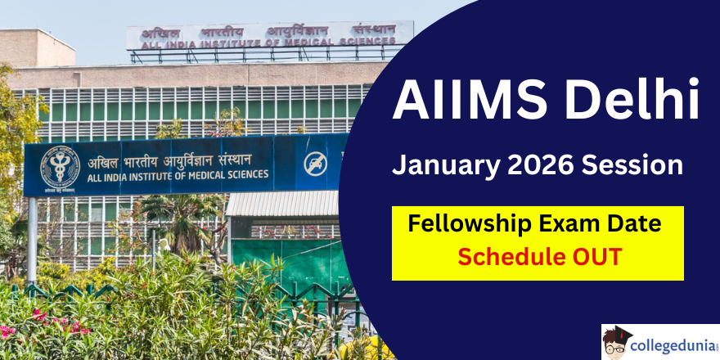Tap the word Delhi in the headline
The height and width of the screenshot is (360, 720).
coord(632,98)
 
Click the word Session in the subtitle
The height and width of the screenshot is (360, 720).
coord(632,165)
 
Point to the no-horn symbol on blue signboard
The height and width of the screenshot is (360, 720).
coord(316,164)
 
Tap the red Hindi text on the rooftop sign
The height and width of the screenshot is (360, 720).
coord(268,32)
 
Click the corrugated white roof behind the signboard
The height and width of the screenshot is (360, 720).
coord(283,204)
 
